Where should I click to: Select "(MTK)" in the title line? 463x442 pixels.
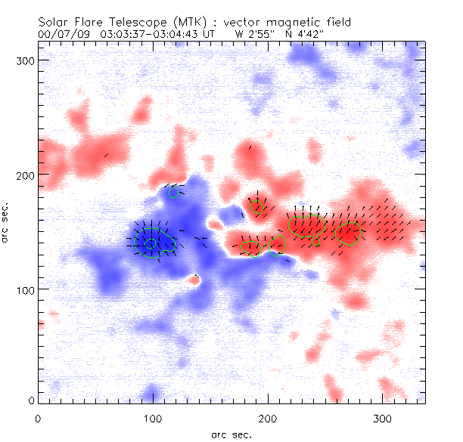point(178,21)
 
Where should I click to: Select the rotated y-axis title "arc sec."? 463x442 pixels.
point(5,222)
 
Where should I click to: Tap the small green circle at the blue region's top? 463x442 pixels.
point(174,192)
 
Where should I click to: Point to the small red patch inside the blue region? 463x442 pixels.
point(194,280)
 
